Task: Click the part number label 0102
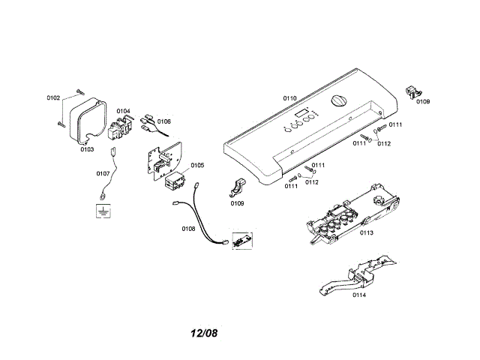[x=53, y=98]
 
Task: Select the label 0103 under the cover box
[x=87, y=149]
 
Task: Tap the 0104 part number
[x=123, y=111]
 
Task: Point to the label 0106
[x=163, y=121]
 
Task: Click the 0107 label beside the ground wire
[x=103, y=173]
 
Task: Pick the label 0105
[x=196, y=165]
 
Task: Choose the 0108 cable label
[x=188, y=228]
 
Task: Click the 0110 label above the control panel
[x=289, y=98]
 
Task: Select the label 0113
[x=367, y=233]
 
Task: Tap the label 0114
[x=359, y=295]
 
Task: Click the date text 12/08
[x=204, y=332]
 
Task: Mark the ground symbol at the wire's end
[x=100, y=211]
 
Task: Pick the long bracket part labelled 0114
[x=358, y=275]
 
